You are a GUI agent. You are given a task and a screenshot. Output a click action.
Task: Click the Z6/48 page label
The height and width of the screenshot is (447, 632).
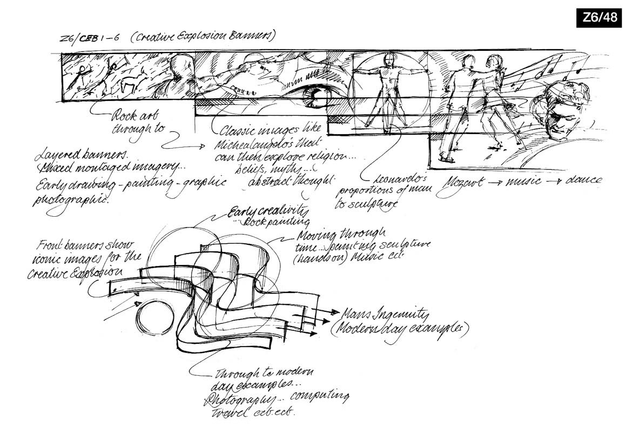(x=600, y=18)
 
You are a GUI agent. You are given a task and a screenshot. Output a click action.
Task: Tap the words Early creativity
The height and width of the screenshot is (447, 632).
(x=263, y=212)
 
